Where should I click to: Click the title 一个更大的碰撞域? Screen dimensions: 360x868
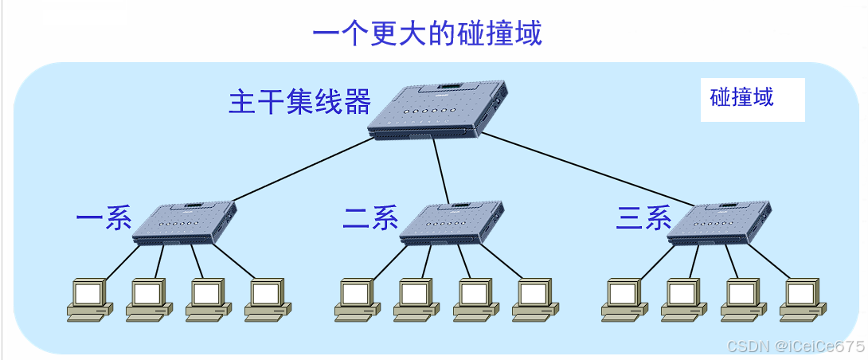(427, 33)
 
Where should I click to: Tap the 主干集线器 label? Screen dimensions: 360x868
(299, 103)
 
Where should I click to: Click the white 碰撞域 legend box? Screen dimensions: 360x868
(752, 98)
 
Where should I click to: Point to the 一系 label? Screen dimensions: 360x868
(104, 217)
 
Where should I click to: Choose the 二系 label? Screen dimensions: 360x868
(371, 217)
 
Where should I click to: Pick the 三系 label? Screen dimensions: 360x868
(643, 217)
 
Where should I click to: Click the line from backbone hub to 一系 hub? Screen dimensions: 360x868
(303, 169)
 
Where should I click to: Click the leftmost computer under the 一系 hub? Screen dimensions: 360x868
(88, 299)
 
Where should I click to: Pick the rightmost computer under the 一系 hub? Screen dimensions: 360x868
(265, 299)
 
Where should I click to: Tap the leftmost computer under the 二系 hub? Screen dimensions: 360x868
(355, 299)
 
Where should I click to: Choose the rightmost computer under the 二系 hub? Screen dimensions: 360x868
(533, 299)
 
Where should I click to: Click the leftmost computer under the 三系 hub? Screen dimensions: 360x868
(623, 299)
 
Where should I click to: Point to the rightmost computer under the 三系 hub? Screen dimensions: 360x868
(800, 299)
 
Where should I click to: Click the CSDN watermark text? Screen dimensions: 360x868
(796, 346)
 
